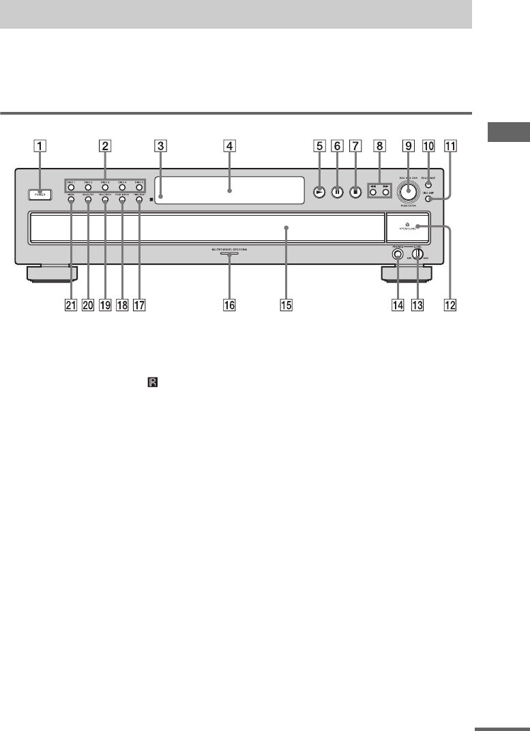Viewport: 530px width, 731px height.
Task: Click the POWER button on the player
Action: pos(39,195)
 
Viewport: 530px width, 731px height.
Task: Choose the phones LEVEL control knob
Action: pos(417,254)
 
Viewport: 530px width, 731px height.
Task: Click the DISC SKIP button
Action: pos(427,199)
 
